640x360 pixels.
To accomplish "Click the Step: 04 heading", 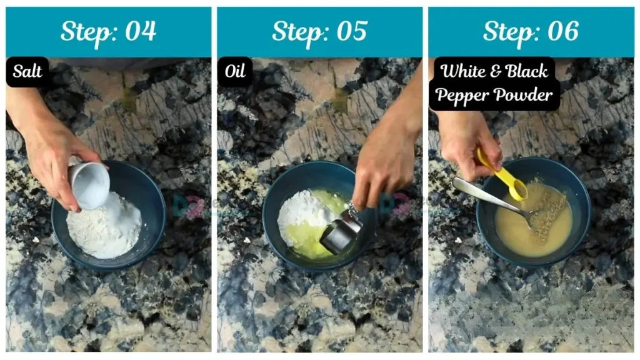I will pos(108,31).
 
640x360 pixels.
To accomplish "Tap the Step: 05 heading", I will pos(319,31).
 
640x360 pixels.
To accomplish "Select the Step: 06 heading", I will pos(531,31).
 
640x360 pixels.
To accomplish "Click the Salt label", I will pos(27,72).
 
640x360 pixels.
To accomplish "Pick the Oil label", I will pos(234,72).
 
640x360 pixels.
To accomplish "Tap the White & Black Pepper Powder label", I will pos(494,83).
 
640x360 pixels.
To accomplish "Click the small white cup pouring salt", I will pos(89,185).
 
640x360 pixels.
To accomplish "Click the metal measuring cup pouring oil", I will pos(341,232).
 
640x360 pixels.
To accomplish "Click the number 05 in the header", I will pos(350,31).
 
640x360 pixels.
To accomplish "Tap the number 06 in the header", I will pos(561,31).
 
